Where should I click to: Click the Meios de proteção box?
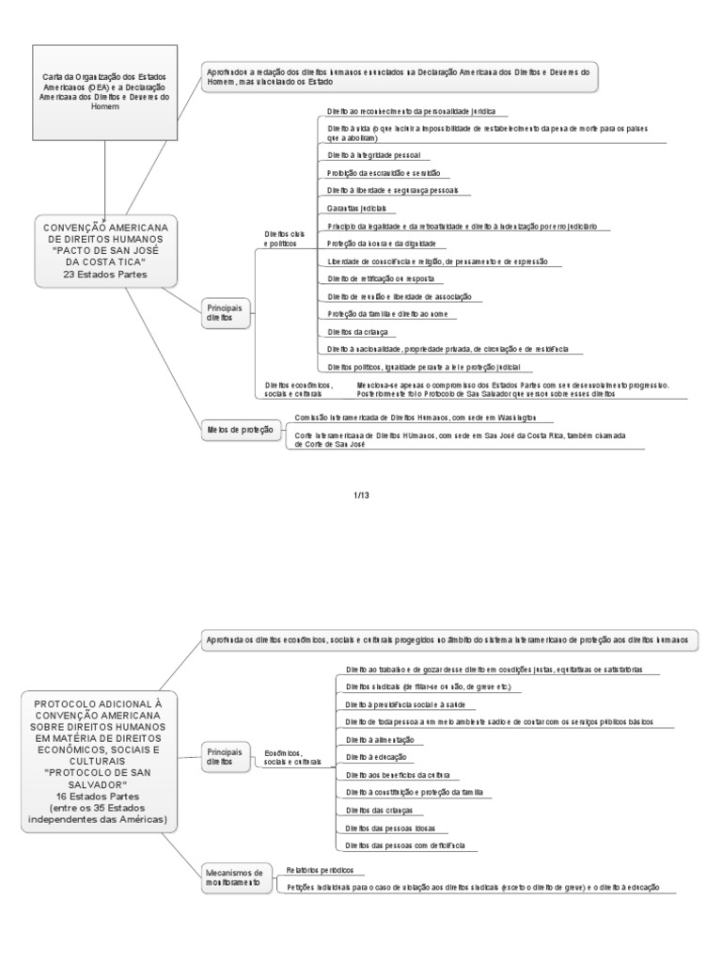tap(241, 430)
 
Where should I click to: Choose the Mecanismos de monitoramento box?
tap(234, 878)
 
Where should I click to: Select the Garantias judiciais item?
tap(357, 208)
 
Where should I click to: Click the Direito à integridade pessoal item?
tap(373, 154)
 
